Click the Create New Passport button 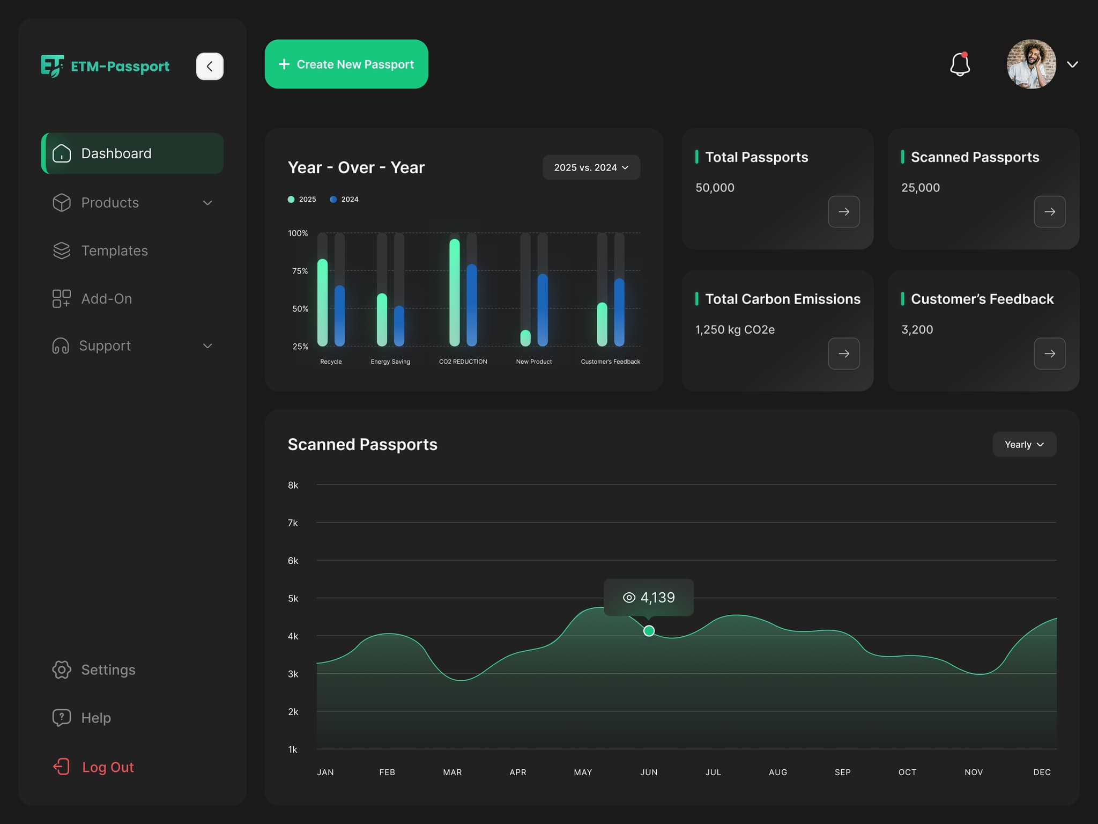[x=346, y=64]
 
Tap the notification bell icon [x=960, y=64]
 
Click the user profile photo [x=1031, y=64]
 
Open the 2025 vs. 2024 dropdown [x=591, y=167]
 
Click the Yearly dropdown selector [x=1024, y=444]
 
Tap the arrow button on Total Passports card [x=844, y=212]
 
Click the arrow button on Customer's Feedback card [x=1049, y=354]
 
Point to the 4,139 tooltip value [x=657, y=598]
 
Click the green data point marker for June [x=649, y=631]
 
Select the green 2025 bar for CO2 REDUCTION [x=455, y=292]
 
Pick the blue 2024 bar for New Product [x=543, y=310]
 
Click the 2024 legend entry [x=344, y=199]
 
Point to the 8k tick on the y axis [x=293, y=485]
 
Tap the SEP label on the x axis [x=842, y=772]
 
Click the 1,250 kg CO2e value [x=735, y=329]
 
